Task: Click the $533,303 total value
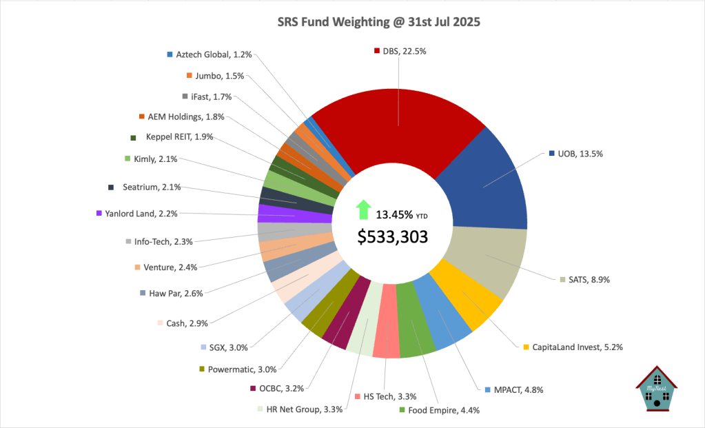[x=393, y=236]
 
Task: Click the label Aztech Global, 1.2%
[x=205, y=54]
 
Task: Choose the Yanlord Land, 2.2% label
[x=141, y=214]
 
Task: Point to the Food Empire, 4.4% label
[x=443, y=410]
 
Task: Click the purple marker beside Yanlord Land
[x=100, y=214]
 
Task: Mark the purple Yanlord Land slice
[x=276, y=214]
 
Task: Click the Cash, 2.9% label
[x=187, y=322]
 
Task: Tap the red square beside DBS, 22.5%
[x=377, y=50]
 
